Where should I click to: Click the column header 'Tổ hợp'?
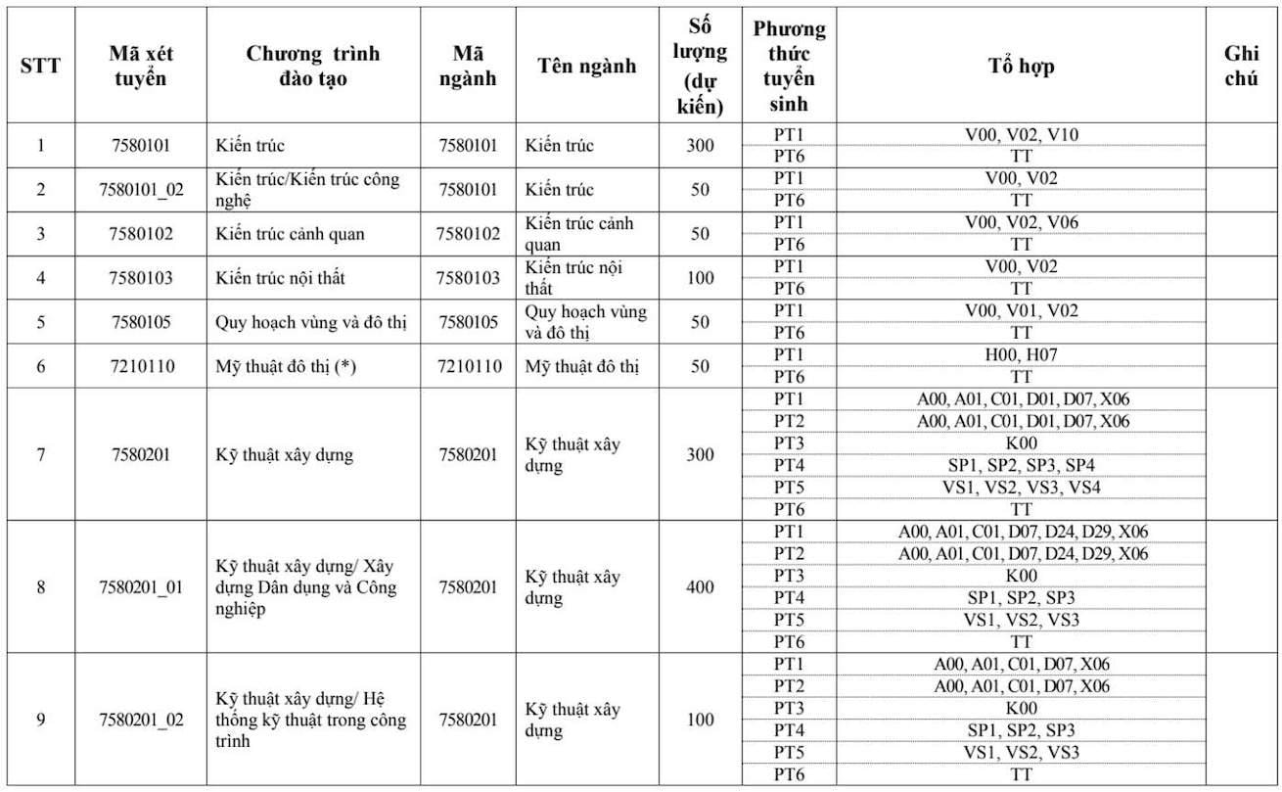pos(1021,67)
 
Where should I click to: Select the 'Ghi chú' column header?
pos(1241,67)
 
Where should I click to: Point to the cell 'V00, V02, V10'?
pos(1021,134)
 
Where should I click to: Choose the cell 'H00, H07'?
pos(1021,354)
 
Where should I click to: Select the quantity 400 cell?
pos(700,587)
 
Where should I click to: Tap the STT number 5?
pos(40,322)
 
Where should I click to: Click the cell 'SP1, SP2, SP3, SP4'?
pos(1021,465)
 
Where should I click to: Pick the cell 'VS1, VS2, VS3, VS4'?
pos(1021,487)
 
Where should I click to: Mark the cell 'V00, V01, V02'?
pos(1021,310)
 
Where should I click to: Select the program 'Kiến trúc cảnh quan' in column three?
pos(290,234)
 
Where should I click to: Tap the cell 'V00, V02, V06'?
pos(1021,222)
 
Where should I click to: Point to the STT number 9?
pos(40,720)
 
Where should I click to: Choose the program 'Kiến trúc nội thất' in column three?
pos(281,278)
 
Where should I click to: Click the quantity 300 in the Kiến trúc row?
pos(700,146)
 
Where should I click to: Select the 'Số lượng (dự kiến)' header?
pos(700,67)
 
